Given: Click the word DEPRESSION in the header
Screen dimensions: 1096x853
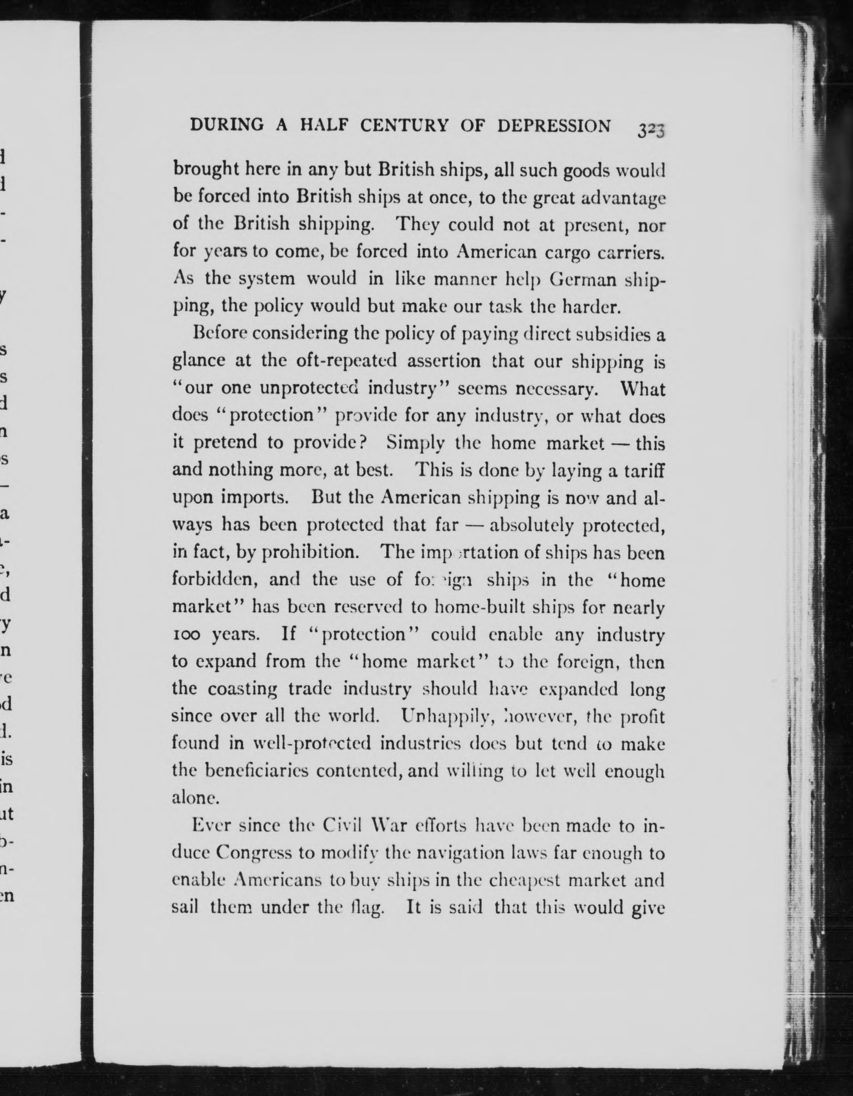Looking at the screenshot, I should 554,126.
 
